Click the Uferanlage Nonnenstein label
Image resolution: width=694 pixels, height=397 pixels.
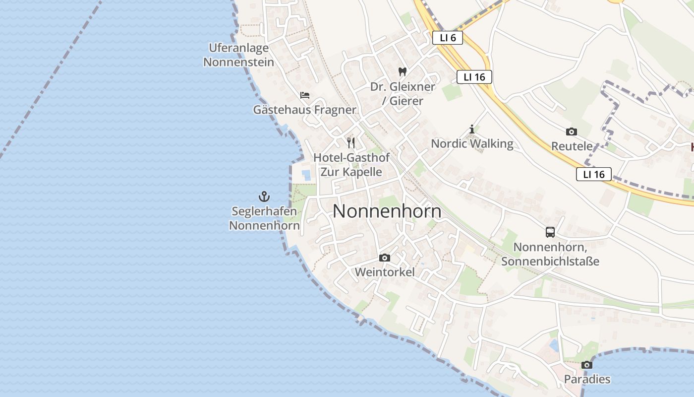pos(238,55)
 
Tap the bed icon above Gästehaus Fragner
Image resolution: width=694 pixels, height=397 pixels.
pos(305,95)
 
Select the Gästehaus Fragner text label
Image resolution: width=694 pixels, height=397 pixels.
pos(304,110)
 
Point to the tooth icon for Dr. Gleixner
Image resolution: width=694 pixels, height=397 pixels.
pos(403,71)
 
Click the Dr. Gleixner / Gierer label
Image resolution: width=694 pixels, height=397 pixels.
pos(403,94)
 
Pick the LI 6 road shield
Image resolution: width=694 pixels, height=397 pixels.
pos(447,38)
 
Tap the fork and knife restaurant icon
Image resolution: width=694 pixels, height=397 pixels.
pos(351,143)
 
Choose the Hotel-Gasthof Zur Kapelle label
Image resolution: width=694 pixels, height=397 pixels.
pos(351,165)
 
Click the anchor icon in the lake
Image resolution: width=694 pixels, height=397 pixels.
pos(264,197)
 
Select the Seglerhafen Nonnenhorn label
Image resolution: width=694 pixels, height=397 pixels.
pos(264,218)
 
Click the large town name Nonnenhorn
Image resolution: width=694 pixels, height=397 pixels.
pos(387,211)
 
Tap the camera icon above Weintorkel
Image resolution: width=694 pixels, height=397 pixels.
pos(384,258)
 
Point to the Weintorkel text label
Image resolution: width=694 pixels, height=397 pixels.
pos(385,272)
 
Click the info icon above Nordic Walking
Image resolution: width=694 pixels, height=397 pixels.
pos(472,130)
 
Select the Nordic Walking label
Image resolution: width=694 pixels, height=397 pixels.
pos(472,144)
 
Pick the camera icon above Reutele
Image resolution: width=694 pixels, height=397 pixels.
pos(572,132)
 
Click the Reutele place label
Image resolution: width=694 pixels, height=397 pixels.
pos(572,146)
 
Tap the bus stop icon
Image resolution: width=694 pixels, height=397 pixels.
pos(550,232)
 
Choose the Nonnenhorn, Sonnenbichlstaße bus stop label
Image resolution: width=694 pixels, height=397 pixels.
pos(550,254)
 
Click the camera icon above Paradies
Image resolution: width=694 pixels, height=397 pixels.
pos(587,365)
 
